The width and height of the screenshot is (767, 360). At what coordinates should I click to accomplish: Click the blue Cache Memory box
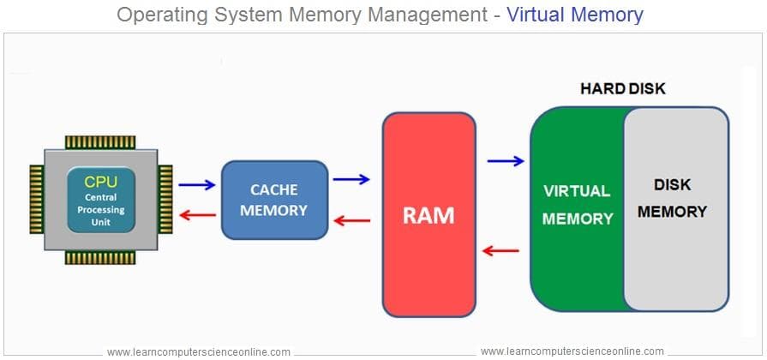point(274,199)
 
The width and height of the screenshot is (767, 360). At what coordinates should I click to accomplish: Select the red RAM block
point(428,214)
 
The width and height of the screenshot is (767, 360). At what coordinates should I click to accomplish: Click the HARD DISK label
point(622,88)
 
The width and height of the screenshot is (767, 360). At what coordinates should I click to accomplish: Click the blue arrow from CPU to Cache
point(197,183)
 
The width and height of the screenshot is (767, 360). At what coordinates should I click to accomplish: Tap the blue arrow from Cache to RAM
point(351,179)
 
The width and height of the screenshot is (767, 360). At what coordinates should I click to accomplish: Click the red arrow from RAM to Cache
point(351,220)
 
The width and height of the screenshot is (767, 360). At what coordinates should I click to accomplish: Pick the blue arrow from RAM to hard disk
point(505,160)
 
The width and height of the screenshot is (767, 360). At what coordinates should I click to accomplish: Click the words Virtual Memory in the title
point(574,15)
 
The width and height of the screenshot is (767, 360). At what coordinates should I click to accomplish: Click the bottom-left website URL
point(198,351)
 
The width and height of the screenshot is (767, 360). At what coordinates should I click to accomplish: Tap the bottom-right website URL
point(572,351)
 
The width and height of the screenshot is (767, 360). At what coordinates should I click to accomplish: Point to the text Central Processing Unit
point(100,209)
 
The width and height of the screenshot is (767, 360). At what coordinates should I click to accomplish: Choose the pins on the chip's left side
point(36,199)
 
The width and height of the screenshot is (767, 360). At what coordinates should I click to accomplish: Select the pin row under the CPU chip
point(100,257)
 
